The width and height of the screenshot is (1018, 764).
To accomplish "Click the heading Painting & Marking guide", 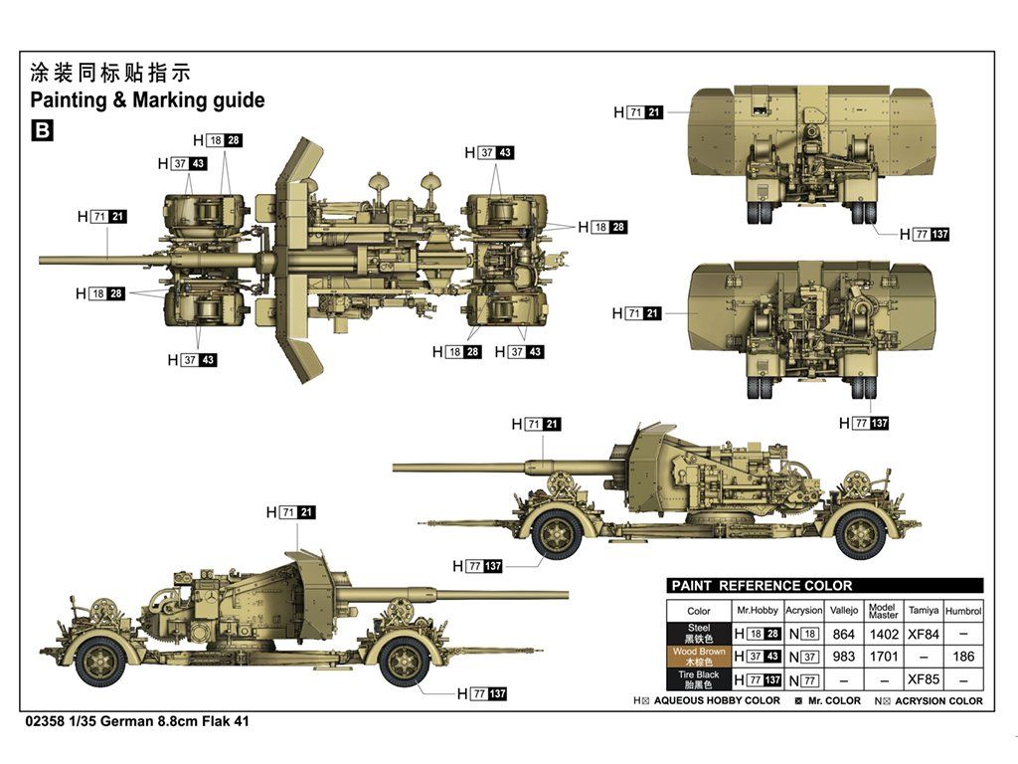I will (x=147, y=99).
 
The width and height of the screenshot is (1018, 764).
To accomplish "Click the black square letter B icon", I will (x=42, y=129).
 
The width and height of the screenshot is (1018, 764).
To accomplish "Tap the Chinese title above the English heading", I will (x=109, y=73).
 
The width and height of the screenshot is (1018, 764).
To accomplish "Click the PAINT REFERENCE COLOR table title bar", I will (x=824, y=586).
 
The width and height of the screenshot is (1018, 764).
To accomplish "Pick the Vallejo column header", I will (x=843, y=610).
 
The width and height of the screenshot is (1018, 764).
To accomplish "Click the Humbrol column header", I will (x=962, y=610).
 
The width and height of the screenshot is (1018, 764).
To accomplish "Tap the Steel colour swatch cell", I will (x=699, y=633).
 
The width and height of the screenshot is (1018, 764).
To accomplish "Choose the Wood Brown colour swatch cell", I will (x=699, y=657).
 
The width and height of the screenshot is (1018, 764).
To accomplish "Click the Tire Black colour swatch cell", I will (x=699, y=679).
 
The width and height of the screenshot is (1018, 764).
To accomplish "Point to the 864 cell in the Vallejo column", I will (x=843, y=633).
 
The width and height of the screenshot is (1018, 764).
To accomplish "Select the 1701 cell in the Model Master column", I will (x=883, y=657).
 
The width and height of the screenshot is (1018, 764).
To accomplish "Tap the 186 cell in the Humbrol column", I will (x=962, y=657).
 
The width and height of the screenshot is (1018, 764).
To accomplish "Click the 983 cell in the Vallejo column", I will (x=843, y=657).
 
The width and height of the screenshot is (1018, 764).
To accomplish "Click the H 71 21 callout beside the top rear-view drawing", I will (x=637, y=113).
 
